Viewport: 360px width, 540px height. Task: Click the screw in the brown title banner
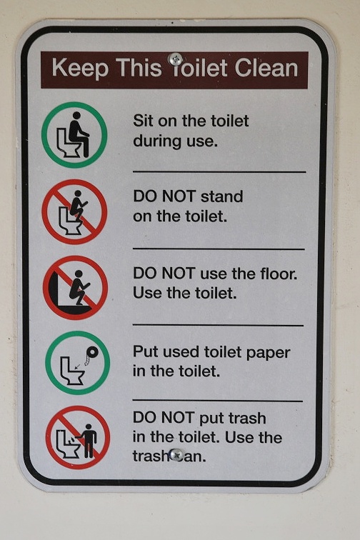coord(175,59)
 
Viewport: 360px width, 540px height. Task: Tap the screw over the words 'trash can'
coord(176,454)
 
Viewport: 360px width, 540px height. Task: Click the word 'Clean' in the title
coord(266,67)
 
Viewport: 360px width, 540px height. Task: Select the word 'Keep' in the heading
coord(80,68)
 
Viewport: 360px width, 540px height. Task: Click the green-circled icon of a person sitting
coord(74,135)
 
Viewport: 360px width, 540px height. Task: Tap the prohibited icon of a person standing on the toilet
coord(74,212)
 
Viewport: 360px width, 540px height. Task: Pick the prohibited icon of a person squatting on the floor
coord(75,288)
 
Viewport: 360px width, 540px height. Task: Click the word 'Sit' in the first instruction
coord(143,121)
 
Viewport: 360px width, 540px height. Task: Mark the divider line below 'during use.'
coord(219,171)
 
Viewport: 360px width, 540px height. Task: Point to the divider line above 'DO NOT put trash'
coord(218,401)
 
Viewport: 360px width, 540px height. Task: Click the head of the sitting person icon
coord(77,116)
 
